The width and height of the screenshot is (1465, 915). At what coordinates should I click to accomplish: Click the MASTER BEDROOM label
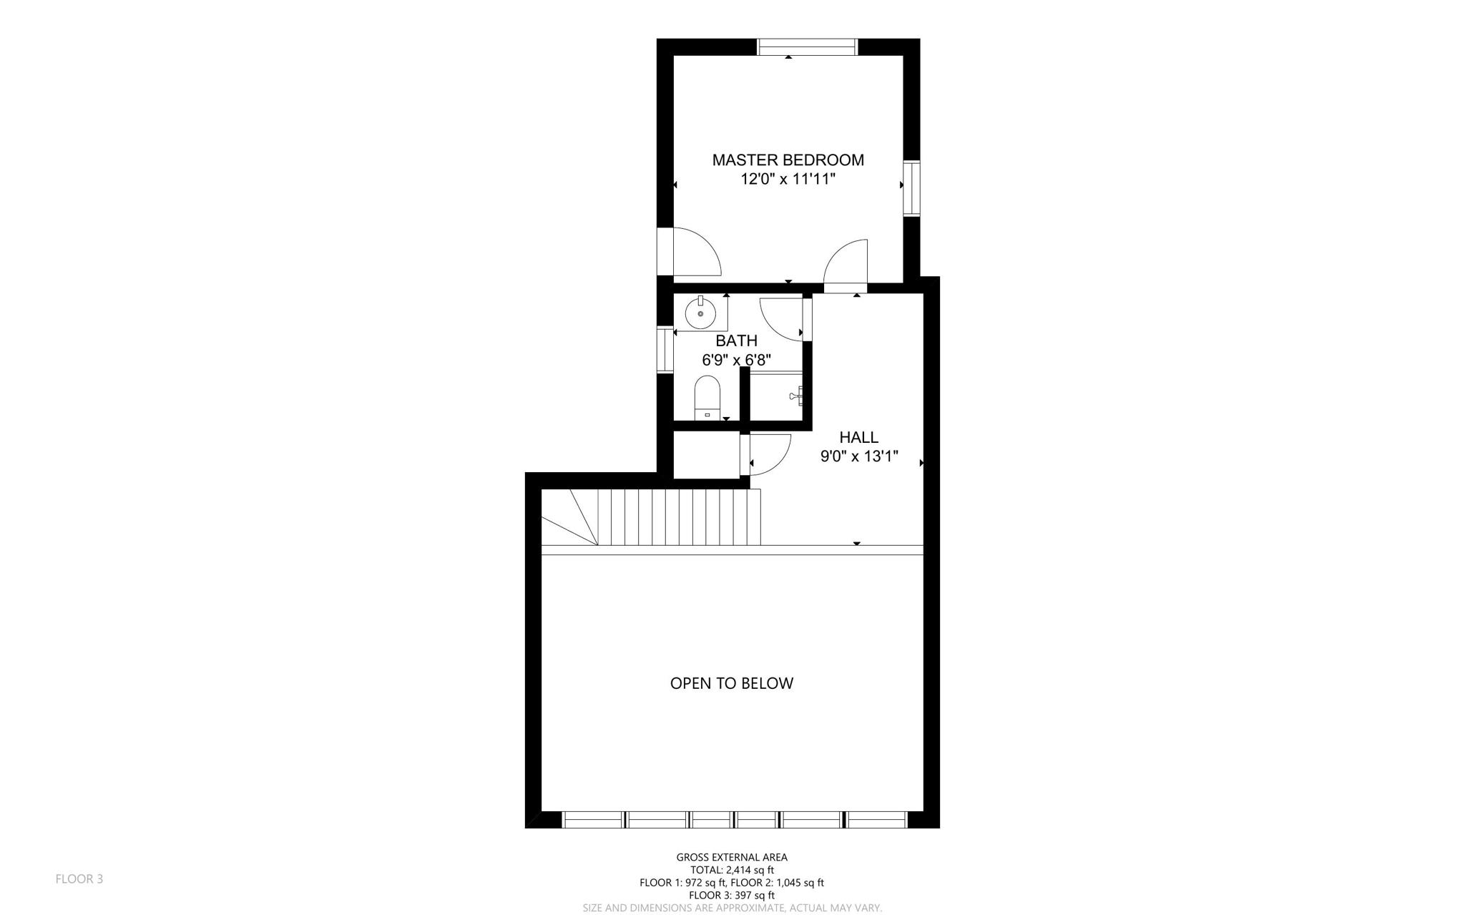[788, 160]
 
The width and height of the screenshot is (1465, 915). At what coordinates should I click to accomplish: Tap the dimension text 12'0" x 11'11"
[788, 180]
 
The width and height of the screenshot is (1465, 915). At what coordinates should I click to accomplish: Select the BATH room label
[736, 341]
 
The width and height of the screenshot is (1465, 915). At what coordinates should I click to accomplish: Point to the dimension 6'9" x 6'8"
[736, 360]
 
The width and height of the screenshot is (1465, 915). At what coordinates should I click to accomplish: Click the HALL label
[858, 437]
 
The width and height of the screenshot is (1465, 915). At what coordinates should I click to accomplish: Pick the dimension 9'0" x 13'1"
[858, 456]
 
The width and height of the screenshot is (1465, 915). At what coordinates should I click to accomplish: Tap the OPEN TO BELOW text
[731, 683]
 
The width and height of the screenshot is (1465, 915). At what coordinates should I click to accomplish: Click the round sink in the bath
[700, 313]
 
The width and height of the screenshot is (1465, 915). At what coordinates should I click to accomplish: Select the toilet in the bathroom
[707, 398]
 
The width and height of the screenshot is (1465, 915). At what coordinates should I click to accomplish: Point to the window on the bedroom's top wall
[807, 47]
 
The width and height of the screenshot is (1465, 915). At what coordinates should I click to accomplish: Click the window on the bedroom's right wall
[911, 188]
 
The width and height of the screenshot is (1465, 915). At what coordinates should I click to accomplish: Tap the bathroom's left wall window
[665, 349]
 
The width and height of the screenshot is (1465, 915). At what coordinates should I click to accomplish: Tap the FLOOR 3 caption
[79, 879]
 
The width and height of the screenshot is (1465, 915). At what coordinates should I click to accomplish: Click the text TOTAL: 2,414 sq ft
[731, 870]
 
